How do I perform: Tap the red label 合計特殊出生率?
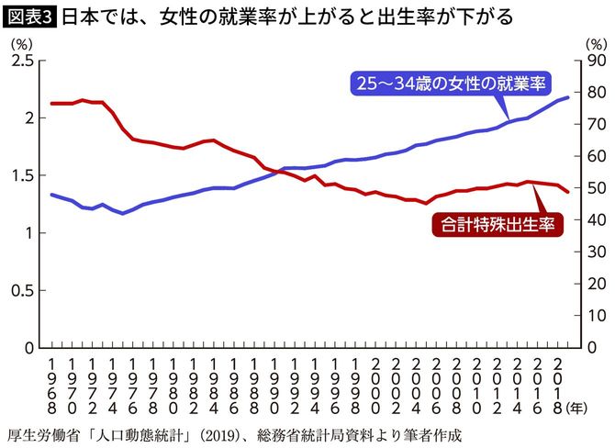496,224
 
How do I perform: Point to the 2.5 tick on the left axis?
22,61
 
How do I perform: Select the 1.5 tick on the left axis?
22,175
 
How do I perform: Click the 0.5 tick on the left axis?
22,290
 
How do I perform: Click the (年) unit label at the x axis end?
580,405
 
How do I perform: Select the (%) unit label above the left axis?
20,43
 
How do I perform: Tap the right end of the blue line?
569,96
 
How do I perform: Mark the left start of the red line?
51,104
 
